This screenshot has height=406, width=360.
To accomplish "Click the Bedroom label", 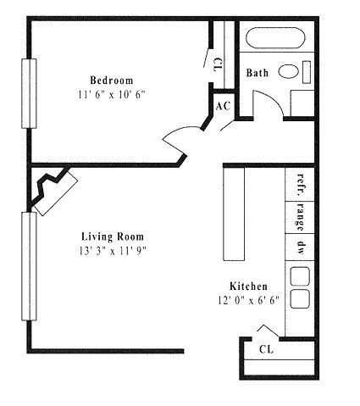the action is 112,81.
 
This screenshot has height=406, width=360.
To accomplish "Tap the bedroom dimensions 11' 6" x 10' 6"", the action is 112,94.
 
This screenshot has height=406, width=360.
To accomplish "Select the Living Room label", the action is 113,236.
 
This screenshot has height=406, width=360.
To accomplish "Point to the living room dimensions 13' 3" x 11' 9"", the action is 113,251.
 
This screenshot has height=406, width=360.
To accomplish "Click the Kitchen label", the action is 248,286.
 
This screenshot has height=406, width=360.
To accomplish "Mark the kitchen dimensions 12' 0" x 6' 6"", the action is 248,300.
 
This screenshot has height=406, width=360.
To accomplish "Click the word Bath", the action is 258,73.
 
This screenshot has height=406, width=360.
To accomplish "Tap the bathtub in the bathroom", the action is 275,37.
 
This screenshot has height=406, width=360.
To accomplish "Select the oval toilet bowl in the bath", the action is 288,71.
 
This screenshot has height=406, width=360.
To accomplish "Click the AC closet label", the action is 223,106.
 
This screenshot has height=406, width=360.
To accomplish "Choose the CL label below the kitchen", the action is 266,349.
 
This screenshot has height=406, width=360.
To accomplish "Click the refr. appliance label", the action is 302,185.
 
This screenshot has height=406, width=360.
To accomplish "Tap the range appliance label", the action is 301,217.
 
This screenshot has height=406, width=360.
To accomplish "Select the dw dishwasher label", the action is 302,247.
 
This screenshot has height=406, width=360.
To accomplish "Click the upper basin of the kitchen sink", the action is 300,275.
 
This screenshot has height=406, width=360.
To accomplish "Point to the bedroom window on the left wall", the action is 29,93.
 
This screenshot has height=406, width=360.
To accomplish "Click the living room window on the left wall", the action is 29,266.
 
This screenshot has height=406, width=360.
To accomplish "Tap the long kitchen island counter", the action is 234,214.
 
